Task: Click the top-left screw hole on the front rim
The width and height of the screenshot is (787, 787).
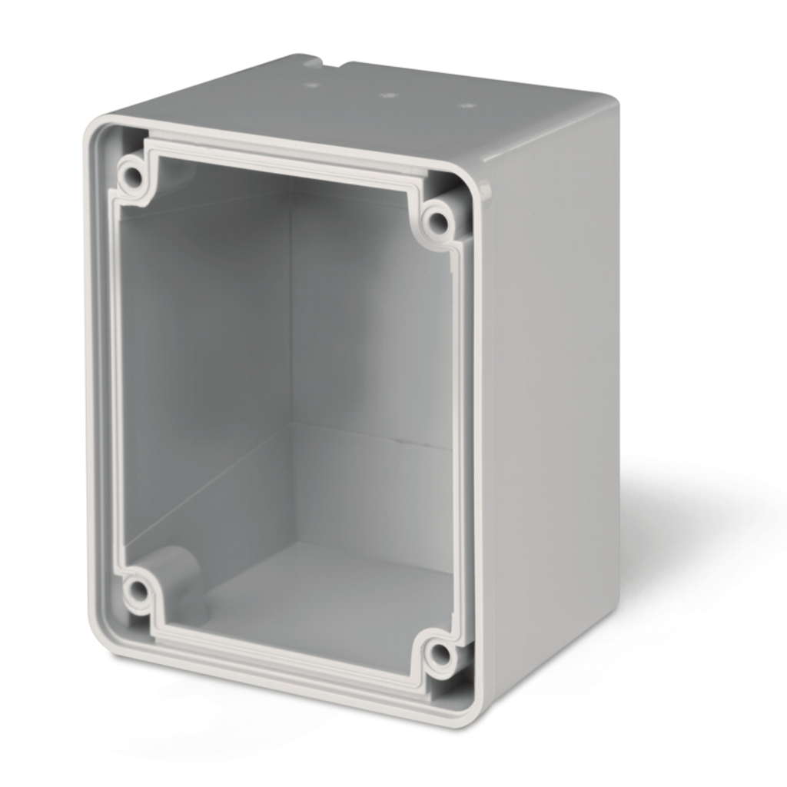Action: (132, 177)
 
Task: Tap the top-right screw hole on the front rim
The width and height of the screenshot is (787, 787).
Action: (437, 222)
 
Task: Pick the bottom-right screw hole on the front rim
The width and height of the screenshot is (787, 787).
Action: (439, 655)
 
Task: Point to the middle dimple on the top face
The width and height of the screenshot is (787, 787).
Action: (388, 96)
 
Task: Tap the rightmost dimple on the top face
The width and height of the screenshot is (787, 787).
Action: (464, 105)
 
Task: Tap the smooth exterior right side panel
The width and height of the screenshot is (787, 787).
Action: (553, 384)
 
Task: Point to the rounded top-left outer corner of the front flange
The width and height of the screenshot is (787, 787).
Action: (94, 127)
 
